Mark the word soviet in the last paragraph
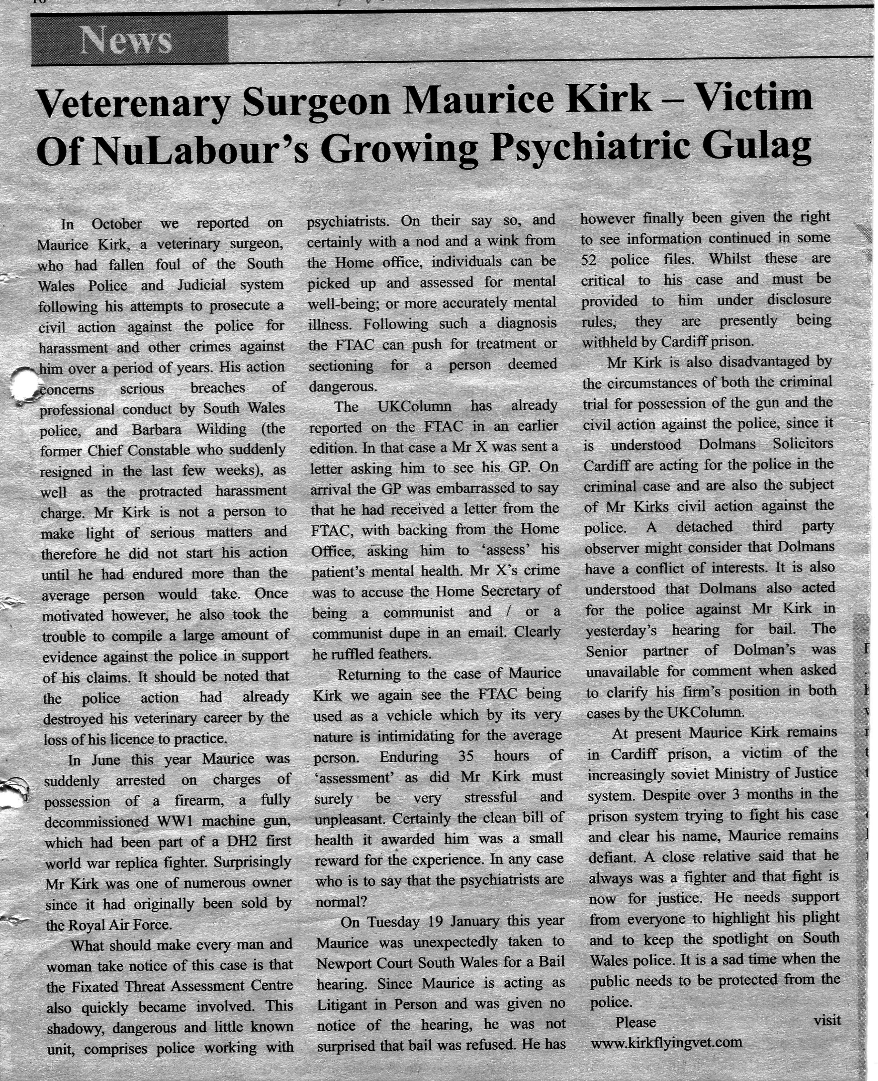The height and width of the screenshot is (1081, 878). pyautogui.click(x=697, y=774)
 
